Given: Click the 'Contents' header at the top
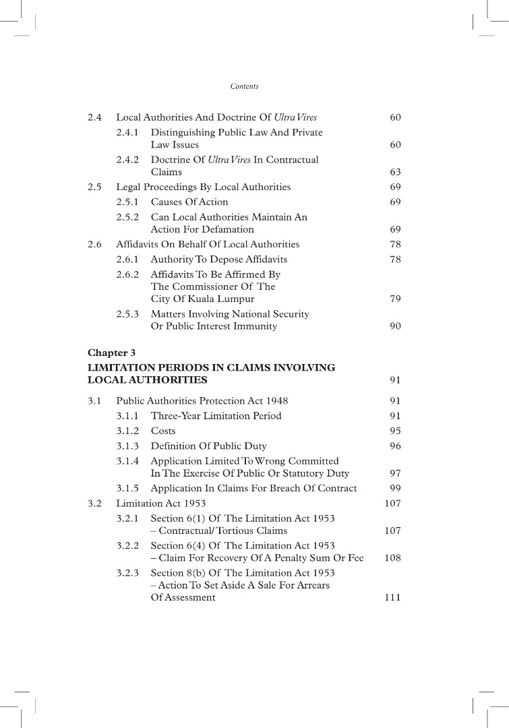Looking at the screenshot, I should tap(244, 86).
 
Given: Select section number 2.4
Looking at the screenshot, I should tap(94, 118).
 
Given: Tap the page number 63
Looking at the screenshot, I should tap(395, 173).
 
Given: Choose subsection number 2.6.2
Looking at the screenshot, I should tap(127, 274).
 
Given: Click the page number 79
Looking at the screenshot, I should tap(395, 299).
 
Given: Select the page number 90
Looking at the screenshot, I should tap(395, 326).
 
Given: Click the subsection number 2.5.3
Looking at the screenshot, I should tap(127, 314).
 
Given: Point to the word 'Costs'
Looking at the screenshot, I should tap(163, 431).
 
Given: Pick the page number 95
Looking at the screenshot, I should tap(395, 431).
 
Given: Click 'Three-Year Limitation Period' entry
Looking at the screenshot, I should tap(216, 416).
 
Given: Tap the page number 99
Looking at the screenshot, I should tap(395, 488).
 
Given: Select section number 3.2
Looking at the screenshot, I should tap(94, 504).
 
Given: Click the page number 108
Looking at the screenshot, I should tap(392, 558).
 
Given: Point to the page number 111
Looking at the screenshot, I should tap(392, 598).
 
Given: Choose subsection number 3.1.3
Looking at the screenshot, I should tap(127, 446).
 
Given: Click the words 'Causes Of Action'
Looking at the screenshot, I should tap(189, 202).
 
